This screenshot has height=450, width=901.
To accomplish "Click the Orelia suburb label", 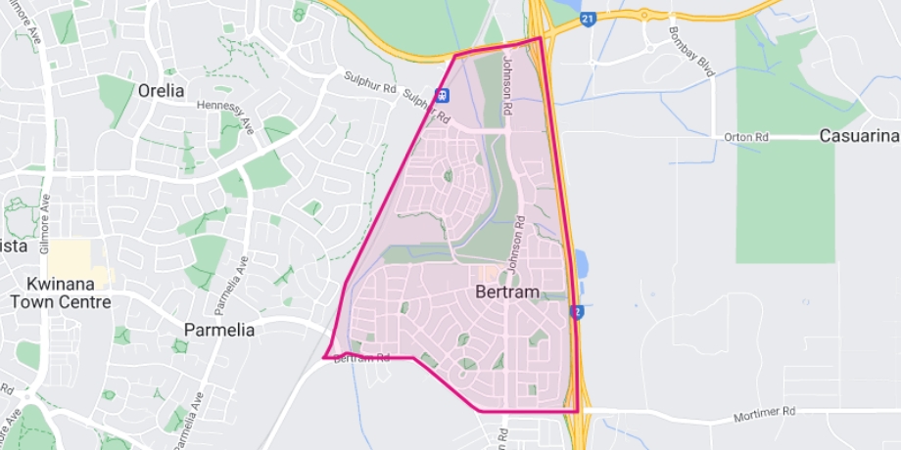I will [162, 90].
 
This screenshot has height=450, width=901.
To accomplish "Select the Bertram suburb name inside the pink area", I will [506, 292].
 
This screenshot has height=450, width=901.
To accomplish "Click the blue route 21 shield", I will [588, 20].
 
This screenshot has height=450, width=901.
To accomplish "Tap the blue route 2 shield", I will [578, 311].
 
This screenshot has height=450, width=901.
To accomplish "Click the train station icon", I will [444, 95].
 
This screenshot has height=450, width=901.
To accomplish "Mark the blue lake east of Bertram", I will [582, 263].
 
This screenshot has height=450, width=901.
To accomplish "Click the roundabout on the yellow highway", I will [644, 14].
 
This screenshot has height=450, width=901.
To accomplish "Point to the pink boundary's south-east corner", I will [578, 411].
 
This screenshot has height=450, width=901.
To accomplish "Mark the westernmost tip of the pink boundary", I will [324, 357].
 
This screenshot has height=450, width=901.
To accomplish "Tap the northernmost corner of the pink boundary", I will [541, 38].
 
